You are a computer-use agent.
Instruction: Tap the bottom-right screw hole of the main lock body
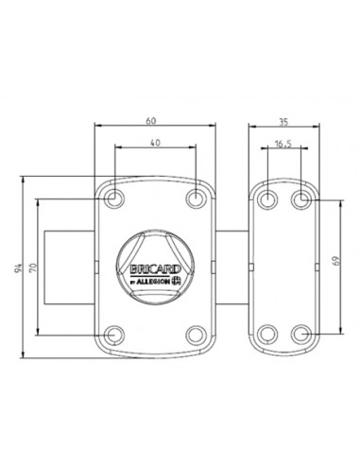[196, 334]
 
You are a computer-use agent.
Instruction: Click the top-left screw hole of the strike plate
[268, 199]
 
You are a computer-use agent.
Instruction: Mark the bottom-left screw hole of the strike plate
[268, 334]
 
